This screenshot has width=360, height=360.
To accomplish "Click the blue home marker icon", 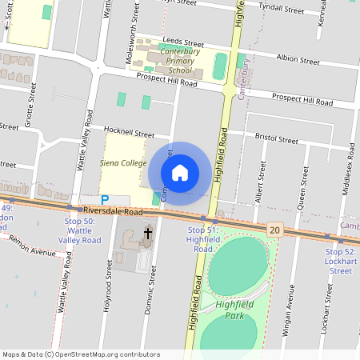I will point(180,172).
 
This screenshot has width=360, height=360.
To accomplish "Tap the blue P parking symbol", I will point(105,199).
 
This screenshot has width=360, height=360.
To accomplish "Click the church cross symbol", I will point(147,234).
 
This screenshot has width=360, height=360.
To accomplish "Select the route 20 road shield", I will point(275,230).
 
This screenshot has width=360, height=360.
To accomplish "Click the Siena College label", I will point(122,162).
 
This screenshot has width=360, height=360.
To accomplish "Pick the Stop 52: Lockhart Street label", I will point(340,261).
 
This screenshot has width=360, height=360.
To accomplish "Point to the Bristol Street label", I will point(276,138).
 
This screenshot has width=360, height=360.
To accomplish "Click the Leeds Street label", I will point(182,42).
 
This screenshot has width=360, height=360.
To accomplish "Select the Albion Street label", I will point(298,59).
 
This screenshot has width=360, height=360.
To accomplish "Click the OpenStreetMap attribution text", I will point(81,354).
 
